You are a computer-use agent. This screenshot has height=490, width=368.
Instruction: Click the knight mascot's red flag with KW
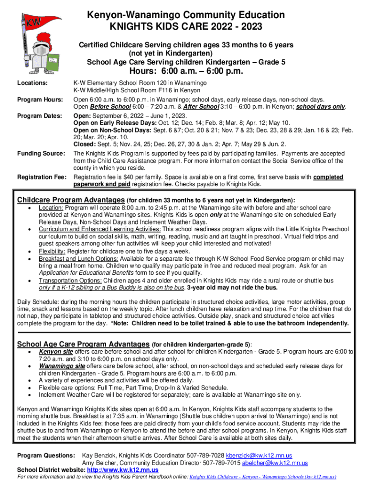coord(34,22)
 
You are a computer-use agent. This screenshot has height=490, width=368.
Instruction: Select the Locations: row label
coord(32,83)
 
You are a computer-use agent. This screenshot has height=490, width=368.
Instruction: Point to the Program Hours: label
coord(40,100)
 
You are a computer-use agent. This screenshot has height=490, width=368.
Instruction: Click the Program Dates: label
coord(39,116)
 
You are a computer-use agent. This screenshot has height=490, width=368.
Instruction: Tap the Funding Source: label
coord(41,153)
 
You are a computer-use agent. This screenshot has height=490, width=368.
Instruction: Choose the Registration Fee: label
coord(42,178)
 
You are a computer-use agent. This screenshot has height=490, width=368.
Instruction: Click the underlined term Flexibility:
coord(52,251)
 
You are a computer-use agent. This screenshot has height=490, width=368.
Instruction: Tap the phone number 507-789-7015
coord(222,463)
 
